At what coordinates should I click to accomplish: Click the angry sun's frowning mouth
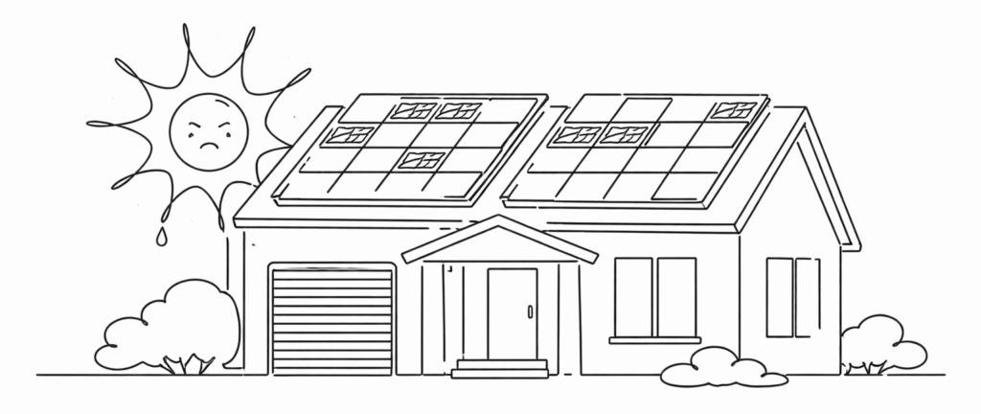tap(207, 146)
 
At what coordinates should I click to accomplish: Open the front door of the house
tap(512, 313)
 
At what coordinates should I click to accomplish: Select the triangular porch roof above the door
tap(499, 241)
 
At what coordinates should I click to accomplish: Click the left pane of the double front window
tap(633, 296)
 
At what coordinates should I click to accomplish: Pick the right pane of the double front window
tap(676, 296)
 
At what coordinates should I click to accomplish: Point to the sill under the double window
tap(654, 340)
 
